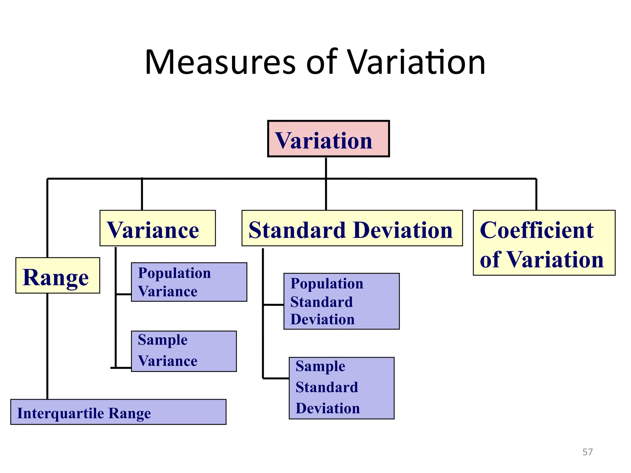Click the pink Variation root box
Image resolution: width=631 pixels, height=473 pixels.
[x=328, y=139]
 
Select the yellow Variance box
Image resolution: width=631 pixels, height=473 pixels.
[x=157, y=228]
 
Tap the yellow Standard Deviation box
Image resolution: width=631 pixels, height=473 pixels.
[x=352, y=228]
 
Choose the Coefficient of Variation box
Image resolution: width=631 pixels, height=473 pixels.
[x=544, y=243]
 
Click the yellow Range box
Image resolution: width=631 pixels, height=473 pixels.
[x=58, y=276]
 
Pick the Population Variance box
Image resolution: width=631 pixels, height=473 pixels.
[x=189, y=282]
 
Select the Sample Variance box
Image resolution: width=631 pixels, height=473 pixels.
[x=184, y=351]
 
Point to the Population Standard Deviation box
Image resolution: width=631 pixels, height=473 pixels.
[x=341, y=301]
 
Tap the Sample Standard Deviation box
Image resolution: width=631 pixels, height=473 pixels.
[x=341, y=388]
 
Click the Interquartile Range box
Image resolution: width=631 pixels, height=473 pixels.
[x=118, y=412]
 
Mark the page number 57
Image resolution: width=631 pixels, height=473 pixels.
[x=588, y=452]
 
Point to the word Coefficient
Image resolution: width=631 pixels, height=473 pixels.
[x=537, y=230]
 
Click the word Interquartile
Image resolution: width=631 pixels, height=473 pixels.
[x=60, y=413]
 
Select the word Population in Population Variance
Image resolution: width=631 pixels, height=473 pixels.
[x=174, y=273]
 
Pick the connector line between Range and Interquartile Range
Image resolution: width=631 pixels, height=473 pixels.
[x=47, y=346]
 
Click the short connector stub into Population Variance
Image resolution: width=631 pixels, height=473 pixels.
[x=124, y=294]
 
